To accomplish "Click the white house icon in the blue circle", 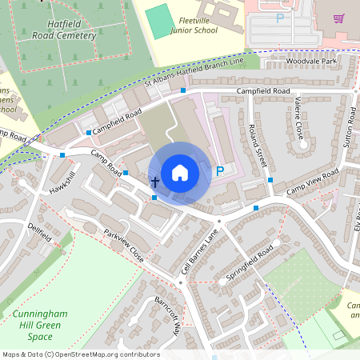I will click(x=180, y=173).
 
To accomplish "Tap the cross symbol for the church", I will click(x=154, y=183).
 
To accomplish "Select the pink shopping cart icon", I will click(x=338, y=18).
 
